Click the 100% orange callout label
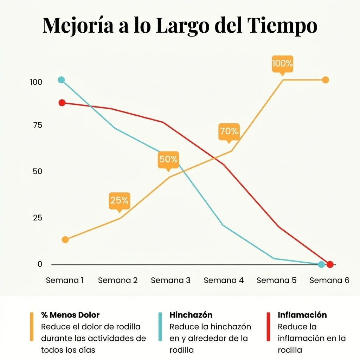pyautogui.click(x=282, y=64)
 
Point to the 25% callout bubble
pyautogui.click(x=120, y=201)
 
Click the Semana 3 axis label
pyautogui.click(x=171, y=281)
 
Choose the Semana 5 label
pyautogui.click(x=276, y=281)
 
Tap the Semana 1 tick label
pyautogui.click(x=65, y=281)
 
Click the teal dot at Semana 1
pyautogui.click(x=62, y=80)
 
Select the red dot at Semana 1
pyautogui.click(x=62, y=103)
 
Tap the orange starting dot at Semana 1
pyautogui.click(x=65, y=240)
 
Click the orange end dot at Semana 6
pyautogui.click(x=326, y=80)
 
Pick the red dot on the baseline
pyautogui.click(x=330, y=264)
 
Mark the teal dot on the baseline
pyautogui.click(x=321, y=264)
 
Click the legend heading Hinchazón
pyautogui.click(x=191, y=315)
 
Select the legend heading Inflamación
pyautogui.click(x=302, y=315)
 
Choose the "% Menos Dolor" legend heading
pyautogui.click(x=70, y=315)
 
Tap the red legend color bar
pyautogui.click(x=268, y=327)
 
